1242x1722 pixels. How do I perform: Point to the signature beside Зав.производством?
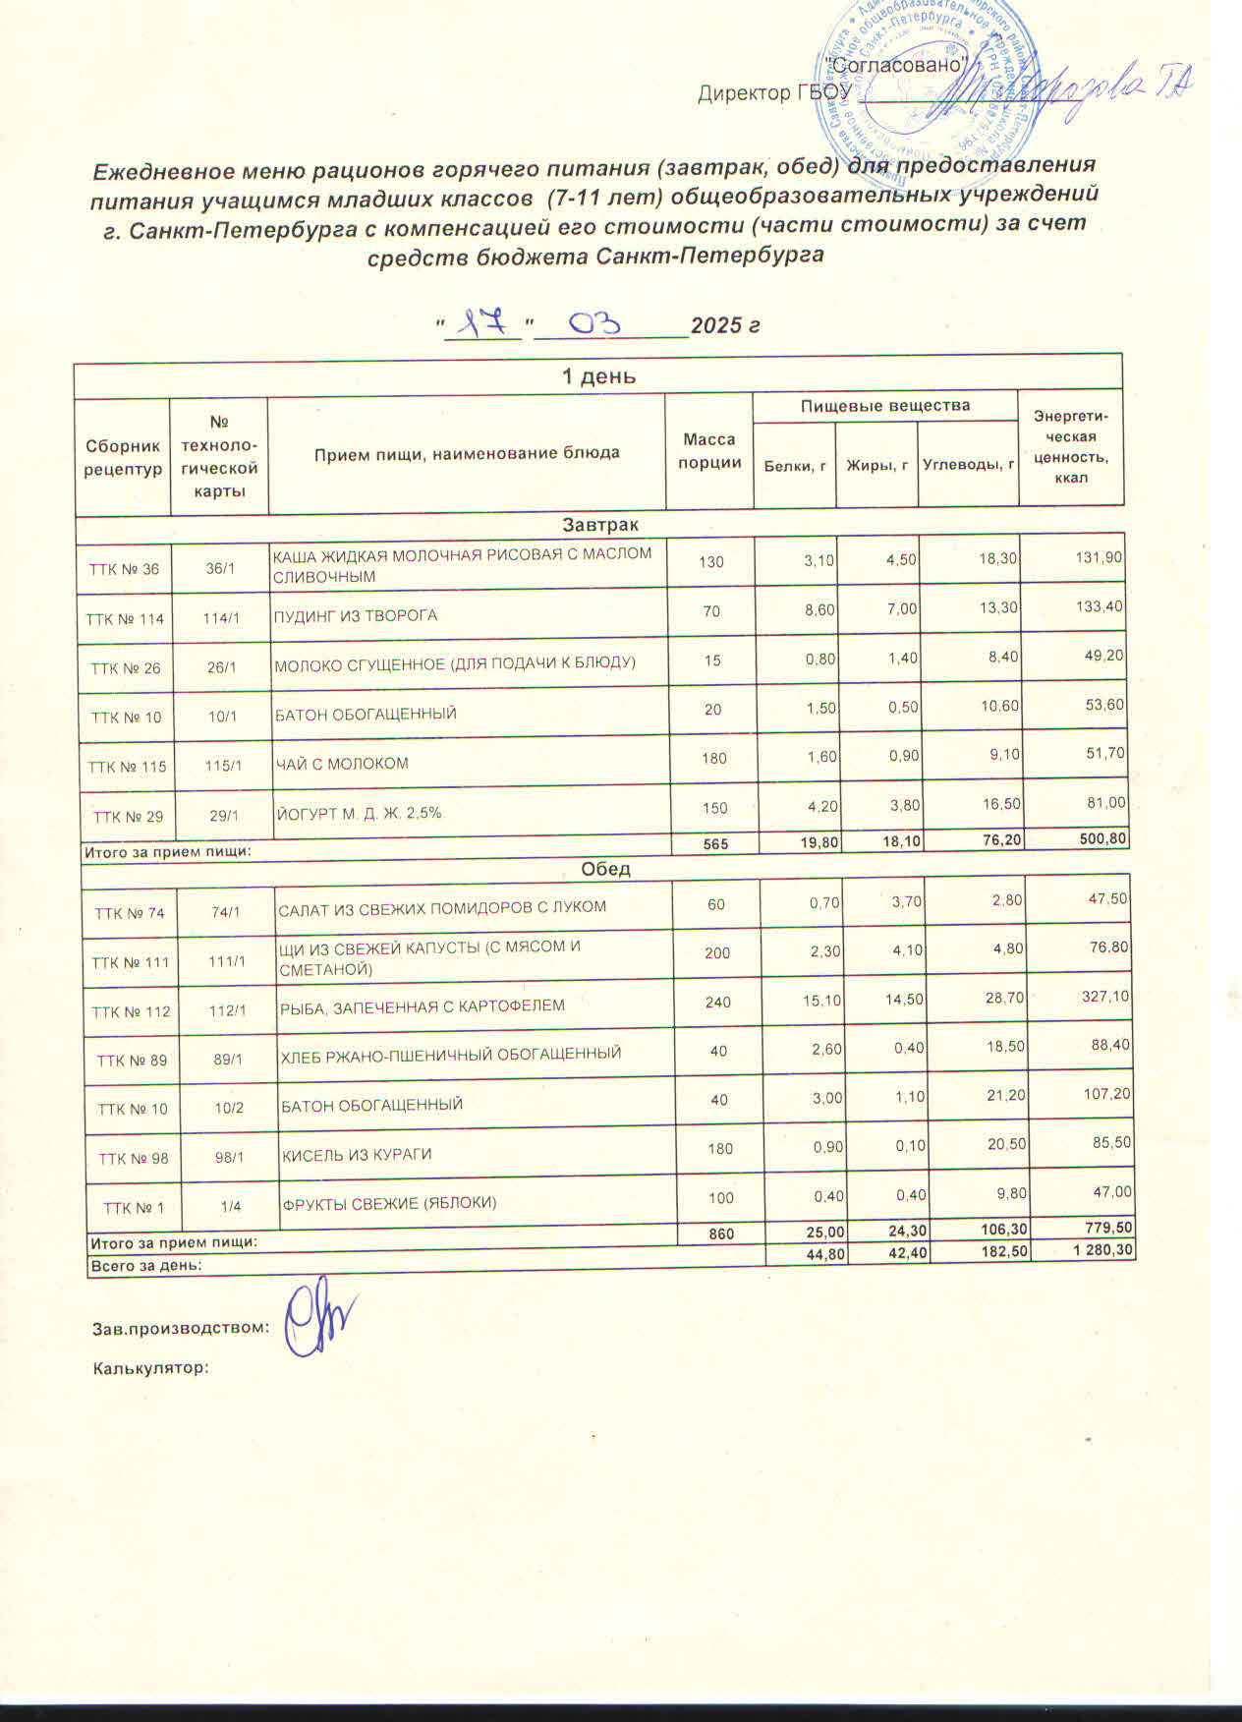(x=319, y=1321)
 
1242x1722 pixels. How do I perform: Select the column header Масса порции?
(x=710, y=452)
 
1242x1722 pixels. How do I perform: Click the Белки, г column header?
(x=794, y=465)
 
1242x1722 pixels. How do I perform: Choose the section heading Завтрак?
(x=599, y=526)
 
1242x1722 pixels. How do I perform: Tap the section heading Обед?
(x=605, y=870)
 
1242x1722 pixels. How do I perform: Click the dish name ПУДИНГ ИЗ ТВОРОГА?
(x=355, y=616)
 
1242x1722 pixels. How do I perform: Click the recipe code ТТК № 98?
(x=133, y=1159)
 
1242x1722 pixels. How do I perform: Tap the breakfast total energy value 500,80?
(x=1099, y=839)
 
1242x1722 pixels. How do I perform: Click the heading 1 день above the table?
(x=597, y=376)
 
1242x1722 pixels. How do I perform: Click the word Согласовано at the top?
(x=894, y=64)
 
